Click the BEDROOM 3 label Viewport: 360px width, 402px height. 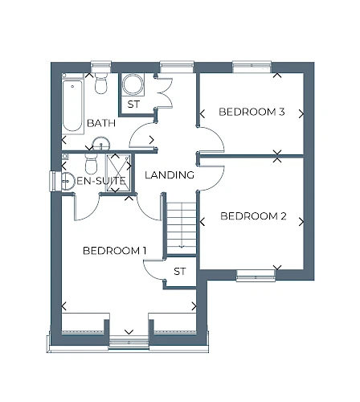coord(252,112)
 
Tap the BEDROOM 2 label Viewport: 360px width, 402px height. coord(253,216)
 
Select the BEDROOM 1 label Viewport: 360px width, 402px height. coord(115,251)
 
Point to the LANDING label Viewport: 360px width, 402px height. coord(170,175)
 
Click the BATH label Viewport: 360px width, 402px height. coord(101,123)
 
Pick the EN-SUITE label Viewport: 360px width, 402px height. coord(101,181)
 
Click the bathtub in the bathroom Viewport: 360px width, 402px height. coord(72,105)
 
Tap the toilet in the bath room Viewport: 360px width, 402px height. coord(101,83)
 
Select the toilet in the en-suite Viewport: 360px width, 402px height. coord(91,163)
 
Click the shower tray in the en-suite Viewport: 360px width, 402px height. coord(118,173)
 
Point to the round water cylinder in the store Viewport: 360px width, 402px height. coord(133,84)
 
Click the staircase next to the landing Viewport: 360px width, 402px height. coord(182,228)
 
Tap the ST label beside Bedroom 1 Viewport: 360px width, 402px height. coord(179,272)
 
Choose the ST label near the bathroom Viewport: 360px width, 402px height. coord(133,104)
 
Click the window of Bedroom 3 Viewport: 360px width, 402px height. coord(252,67)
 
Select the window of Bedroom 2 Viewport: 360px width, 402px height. coord(256,276)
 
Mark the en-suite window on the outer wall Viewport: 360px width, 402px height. coord(53,182)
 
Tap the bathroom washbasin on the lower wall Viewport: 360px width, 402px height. coord(101,144)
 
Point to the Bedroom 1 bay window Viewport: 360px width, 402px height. coord(129,343)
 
